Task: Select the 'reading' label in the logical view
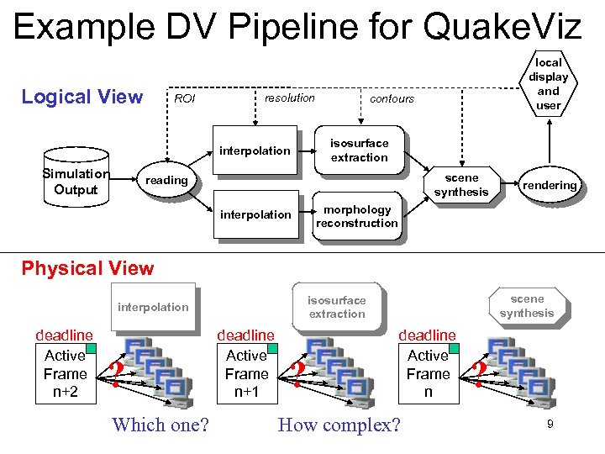[x=166, y=181]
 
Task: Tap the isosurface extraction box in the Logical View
[x=359, y=150]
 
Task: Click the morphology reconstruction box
[x=356, y=216]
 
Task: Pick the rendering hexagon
[x=549, y=185]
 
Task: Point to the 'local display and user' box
[x=548, y=84]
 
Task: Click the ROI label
[x=184, y=99]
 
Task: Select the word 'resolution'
[x=289, y=98]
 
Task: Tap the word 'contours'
[x=392, y=98]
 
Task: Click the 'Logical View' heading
[x=82, y=97]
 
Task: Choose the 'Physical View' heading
[x=87, y=268]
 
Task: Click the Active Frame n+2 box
[x=66, y=373]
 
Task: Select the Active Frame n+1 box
[x=246, y=373]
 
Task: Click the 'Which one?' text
[x=160, y=425]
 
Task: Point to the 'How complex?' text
[x=339, y=425]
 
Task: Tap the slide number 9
[x=550, y=425]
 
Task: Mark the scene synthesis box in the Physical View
[x=527, y=306]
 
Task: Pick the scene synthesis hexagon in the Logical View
[x=461, y=185]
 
